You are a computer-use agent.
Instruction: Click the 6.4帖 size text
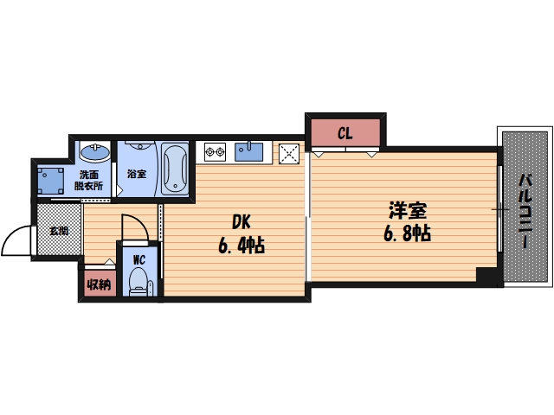pos(240,246)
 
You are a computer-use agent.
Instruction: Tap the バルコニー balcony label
pos(525,212)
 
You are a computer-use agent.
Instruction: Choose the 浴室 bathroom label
pos(137,174)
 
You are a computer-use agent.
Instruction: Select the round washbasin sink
pos(93,154)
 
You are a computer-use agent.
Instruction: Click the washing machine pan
pos(52,180)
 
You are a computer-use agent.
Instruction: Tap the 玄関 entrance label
pos(59,231)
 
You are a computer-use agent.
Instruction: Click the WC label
pos(138,258)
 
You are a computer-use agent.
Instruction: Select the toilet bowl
pos(138,282)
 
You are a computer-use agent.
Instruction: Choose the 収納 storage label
pos(97,283)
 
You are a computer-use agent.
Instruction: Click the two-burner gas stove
pos(215,154)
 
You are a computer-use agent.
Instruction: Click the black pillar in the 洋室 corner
pos(488,277)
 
